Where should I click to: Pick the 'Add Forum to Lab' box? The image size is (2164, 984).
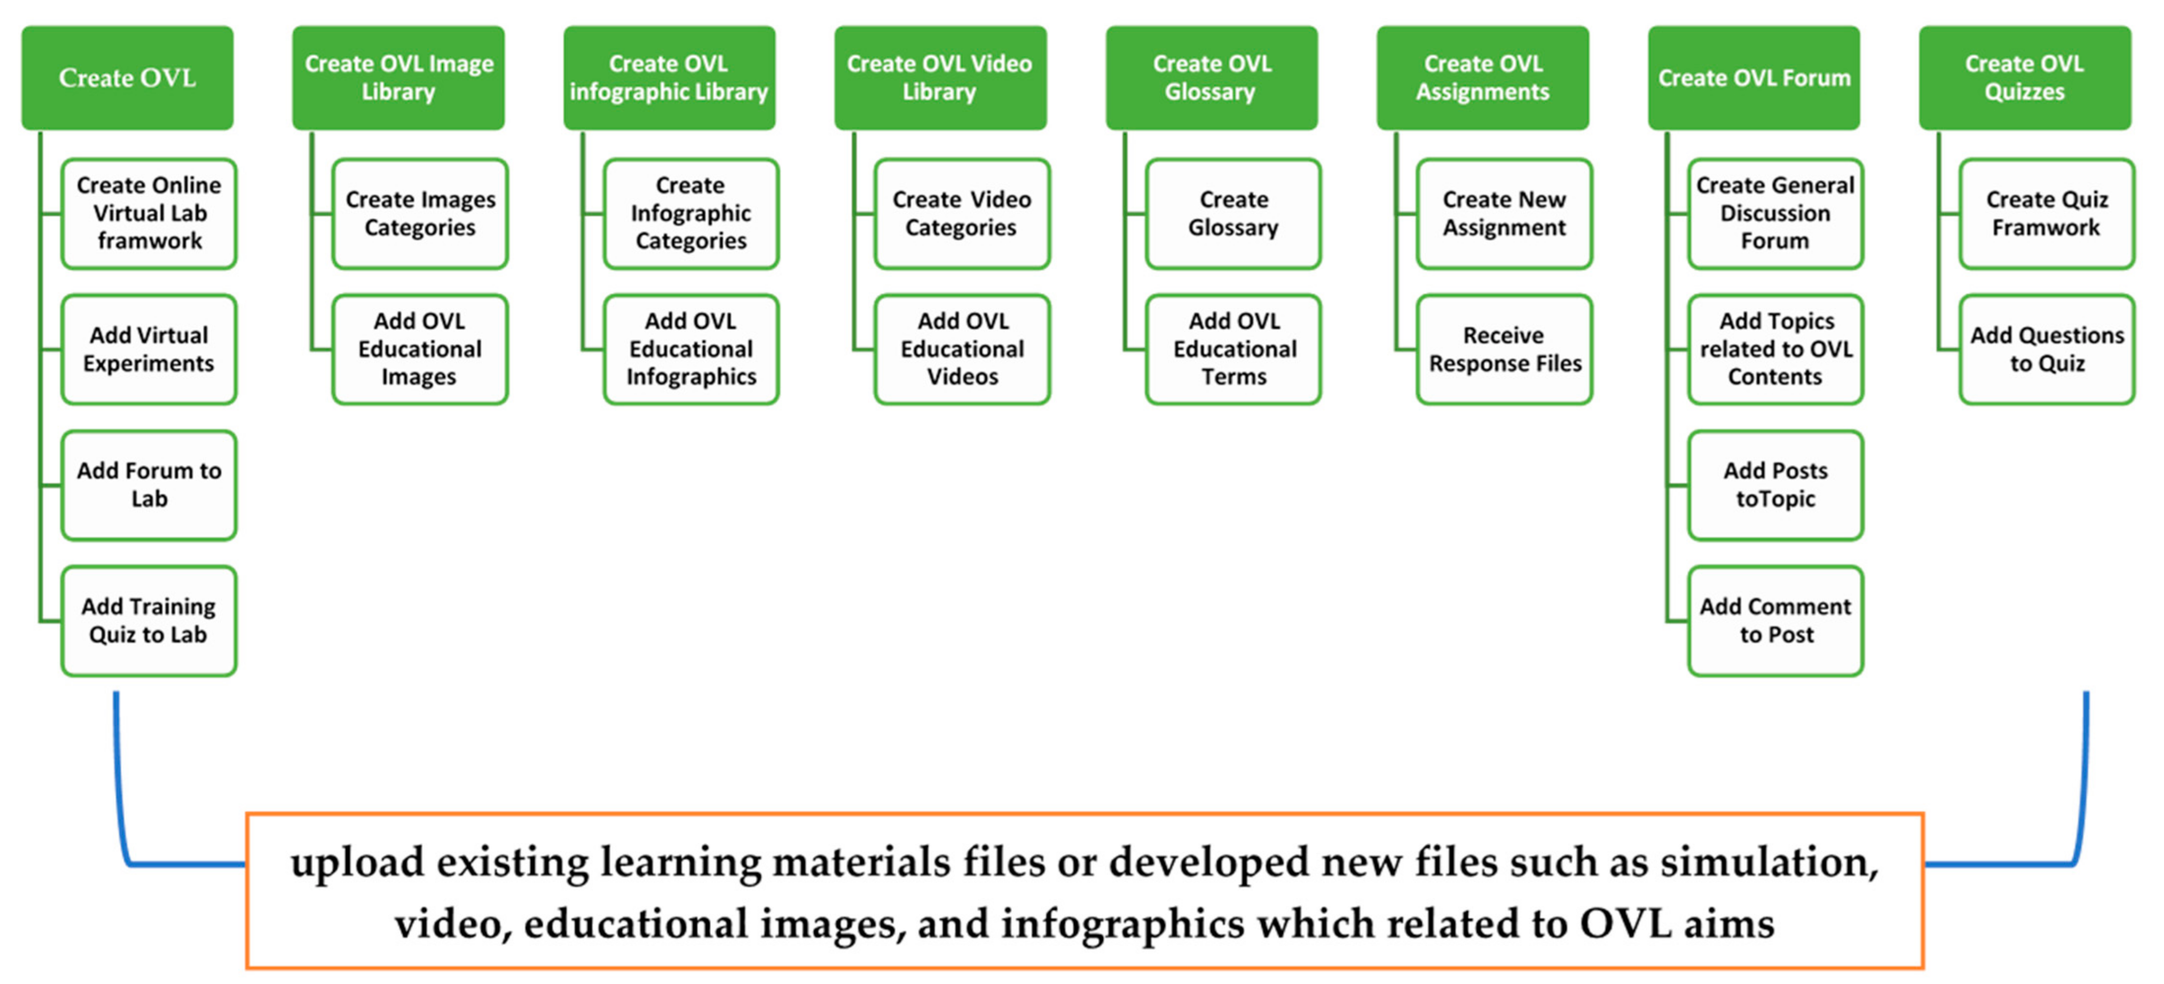click(149, 485)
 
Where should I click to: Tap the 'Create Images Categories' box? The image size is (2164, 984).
click(420, 213)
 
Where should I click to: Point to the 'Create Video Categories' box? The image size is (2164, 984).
click(962, 213)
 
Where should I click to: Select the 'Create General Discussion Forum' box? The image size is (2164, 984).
click(1775, 213)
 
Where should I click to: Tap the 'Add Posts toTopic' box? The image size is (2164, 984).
click(1775, 485)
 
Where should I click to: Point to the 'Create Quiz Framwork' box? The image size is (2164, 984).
click(2046, 213)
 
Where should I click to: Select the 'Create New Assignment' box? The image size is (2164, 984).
click(1504, 213)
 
